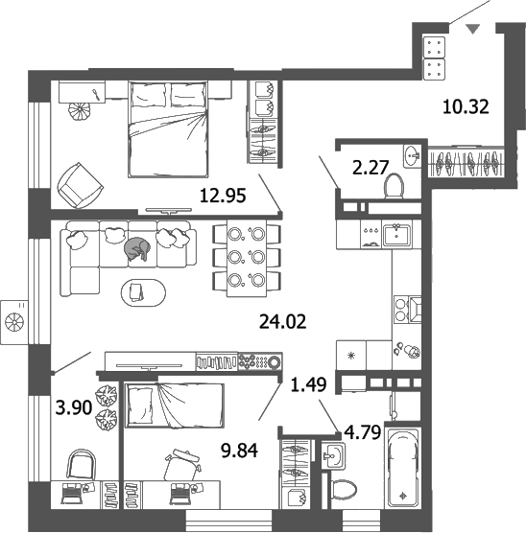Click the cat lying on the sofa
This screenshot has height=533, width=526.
click(136, 249)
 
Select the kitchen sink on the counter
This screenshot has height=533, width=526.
click(395, 233)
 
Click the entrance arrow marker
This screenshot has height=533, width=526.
click(471, 29)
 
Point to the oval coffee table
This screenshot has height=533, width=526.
click(141, 290)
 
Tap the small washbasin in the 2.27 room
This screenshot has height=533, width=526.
click(414, 154)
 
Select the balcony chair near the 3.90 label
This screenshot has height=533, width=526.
click(83, 467)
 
